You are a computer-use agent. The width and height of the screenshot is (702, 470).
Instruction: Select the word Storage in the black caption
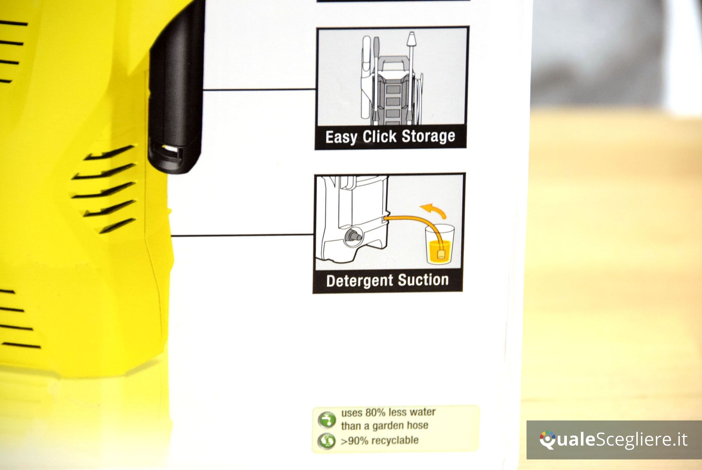click(428, 136)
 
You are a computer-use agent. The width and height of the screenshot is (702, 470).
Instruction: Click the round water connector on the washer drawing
click(352, 236)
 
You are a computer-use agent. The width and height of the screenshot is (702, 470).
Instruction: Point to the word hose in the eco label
click(418, 425)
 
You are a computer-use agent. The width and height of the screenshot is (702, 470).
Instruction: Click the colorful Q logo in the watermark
click(548, 440)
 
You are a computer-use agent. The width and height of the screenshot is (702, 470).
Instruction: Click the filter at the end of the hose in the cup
click(441, 253)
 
